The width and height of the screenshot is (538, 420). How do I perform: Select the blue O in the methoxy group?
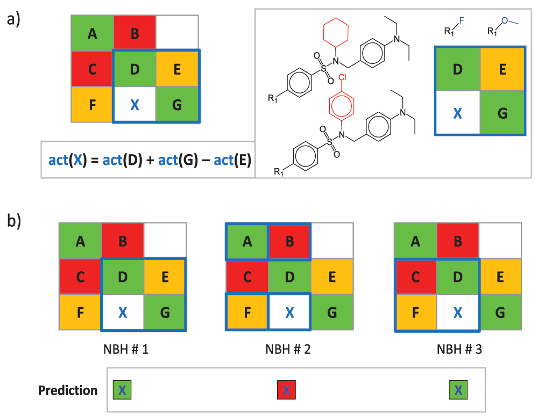click(504, 20)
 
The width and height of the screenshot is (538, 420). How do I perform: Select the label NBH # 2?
click(288, 349)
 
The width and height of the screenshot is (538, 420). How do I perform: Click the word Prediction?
click(68, 390)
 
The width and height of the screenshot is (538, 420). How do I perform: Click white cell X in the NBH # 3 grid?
click(458, 313)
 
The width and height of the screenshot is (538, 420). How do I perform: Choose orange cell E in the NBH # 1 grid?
click(165, 277)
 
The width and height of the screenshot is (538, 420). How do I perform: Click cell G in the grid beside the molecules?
click(501, 112)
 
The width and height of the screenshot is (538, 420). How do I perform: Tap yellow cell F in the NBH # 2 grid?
click(247, 312)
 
